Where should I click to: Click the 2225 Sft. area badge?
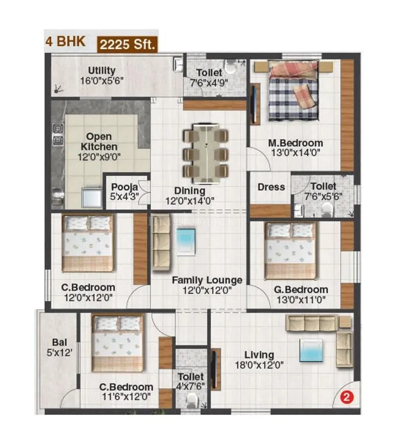click(x=128, y=44)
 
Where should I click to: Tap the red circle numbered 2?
click(x=347, y=396)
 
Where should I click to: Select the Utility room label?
click(x=102, y=70)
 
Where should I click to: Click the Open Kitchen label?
click(x=99, y=142)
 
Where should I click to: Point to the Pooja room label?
click(x=121, y=187)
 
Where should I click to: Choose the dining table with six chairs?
click(x=206, y=151)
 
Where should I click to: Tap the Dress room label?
click(x=271, y=187)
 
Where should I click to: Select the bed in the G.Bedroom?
click(x=290, y=250)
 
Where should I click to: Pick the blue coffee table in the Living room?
click(x=310, y=350)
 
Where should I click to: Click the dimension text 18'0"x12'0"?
click(x=259, y=366)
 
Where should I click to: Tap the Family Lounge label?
click(x=207, y=280)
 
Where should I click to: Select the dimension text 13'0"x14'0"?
click(x=295, y=153)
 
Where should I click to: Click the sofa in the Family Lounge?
click(x=161, y=243)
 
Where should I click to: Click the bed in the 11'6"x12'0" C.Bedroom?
click(x=118, y=343)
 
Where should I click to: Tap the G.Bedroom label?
click(x=301, y=289)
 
